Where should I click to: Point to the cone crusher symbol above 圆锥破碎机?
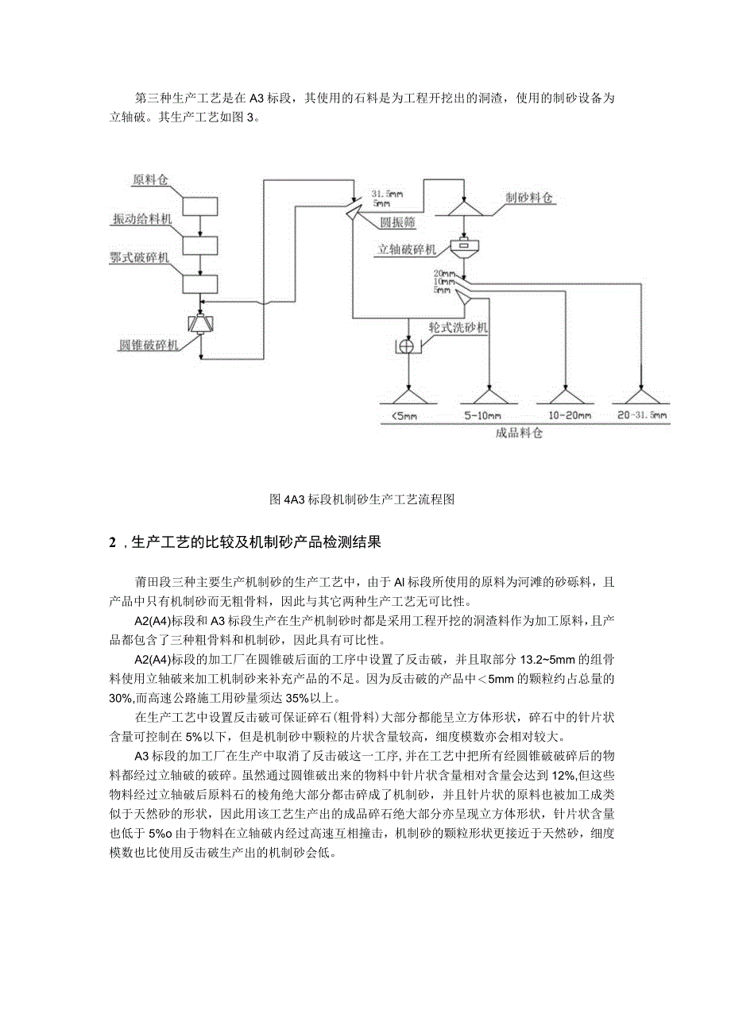click(202, 324)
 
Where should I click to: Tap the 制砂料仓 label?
click(528, 197)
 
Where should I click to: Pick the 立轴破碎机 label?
click(408, 249)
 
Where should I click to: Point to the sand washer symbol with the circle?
click(406, 347)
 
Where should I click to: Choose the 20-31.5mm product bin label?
click(642, 415)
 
